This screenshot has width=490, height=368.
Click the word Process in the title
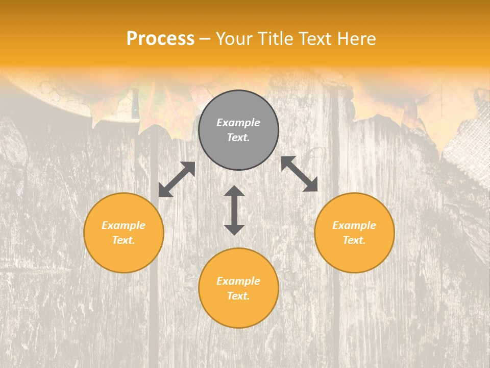pyautogui.click(x=160, y=39)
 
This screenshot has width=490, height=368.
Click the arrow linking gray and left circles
pyautogui.click(x=177, y=179)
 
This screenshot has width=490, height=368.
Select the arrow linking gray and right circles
pyautogui.click(x=299, y=174)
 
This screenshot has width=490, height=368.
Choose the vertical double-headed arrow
pyautogui.click(x=234, y=210)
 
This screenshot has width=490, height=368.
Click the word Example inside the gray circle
pyautogui.click(x=238, y=123)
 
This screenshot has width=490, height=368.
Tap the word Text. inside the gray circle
pyautogui.click(x=238, y=137)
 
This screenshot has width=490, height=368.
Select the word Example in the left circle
pyautogui.click(x=124, y=225)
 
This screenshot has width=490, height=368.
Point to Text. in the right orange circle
pyautogui.click(x=354, y=240)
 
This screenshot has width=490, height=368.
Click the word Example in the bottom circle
pyautogui.click(x=238, y=281)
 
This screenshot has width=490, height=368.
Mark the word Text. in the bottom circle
pyautogui.click(x=238, y=296)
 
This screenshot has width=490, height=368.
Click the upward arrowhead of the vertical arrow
pyautogui.click(x=234, y=191)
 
